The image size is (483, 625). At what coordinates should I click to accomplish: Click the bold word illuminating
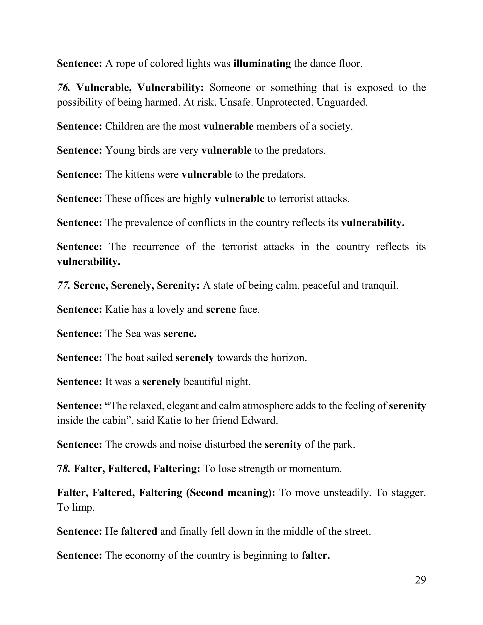point(262,63)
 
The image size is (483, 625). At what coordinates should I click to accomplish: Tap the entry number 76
point(63,87)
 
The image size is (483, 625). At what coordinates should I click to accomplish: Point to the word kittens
point(137,174)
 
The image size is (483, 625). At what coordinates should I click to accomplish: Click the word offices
point(144,198)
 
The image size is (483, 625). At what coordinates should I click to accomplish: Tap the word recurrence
point(156,247)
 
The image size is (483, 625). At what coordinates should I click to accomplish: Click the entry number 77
point(63,285)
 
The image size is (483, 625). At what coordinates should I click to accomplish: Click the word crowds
point(141,444)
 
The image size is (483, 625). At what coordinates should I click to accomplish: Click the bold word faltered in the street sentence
point(139,531)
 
